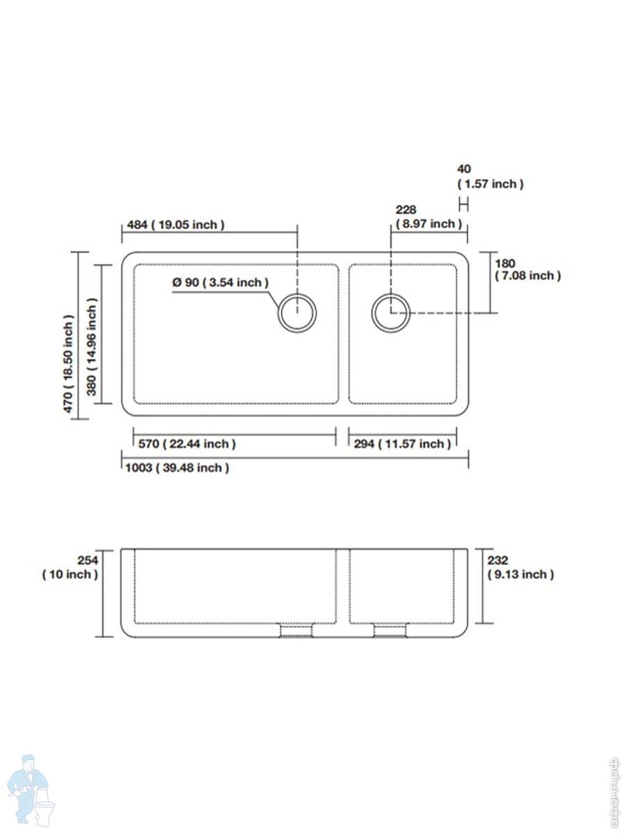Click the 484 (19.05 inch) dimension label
pyautogui.click(x=176, y=224)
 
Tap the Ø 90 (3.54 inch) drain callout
pyautogui.click(x=220, y=282)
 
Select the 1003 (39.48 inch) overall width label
pyautogui.click(x=177, y=468)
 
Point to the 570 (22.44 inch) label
pyautogui.click(x=187, y=444)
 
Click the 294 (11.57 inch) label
pyautogui.click(x=402, y=444)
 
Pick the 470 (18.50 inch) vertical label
pyautogui.click(x=68, y=363)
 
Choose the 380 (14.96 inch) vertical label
pyautogui.click(x=92, y=347)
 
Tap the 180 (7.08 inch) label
pyautogui.click(x=528, y=270)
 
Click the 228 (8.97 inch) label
pyautogui.click(x=428, y=217)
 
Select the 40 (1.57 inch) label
pyautogui.click(x=490, y=177)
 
